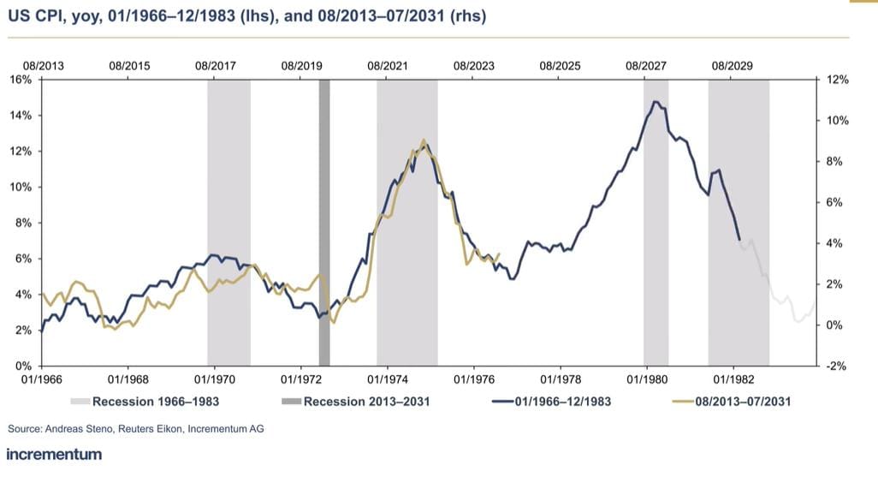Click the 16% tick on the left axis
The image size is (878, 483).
pos(20,80)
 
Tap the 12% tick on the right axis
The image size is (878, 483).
pos(837,80)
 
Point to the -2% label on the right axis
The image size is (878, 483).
pos(836,366)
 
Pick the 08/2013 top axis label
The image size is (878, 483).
pos(43,65)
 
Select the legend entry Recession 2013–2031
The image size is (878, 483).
pos(366,401)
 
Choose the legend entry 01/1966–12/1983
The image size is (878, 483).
pos(563,401)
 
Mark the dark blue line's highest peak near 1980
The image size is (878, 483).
pos(655,102)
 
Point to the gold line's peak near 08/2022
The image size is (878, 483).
pos(423,140)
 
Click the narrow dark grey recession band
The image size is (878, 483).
pos(324,222)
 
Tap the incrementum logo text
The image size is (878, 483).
pos(54,454)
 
